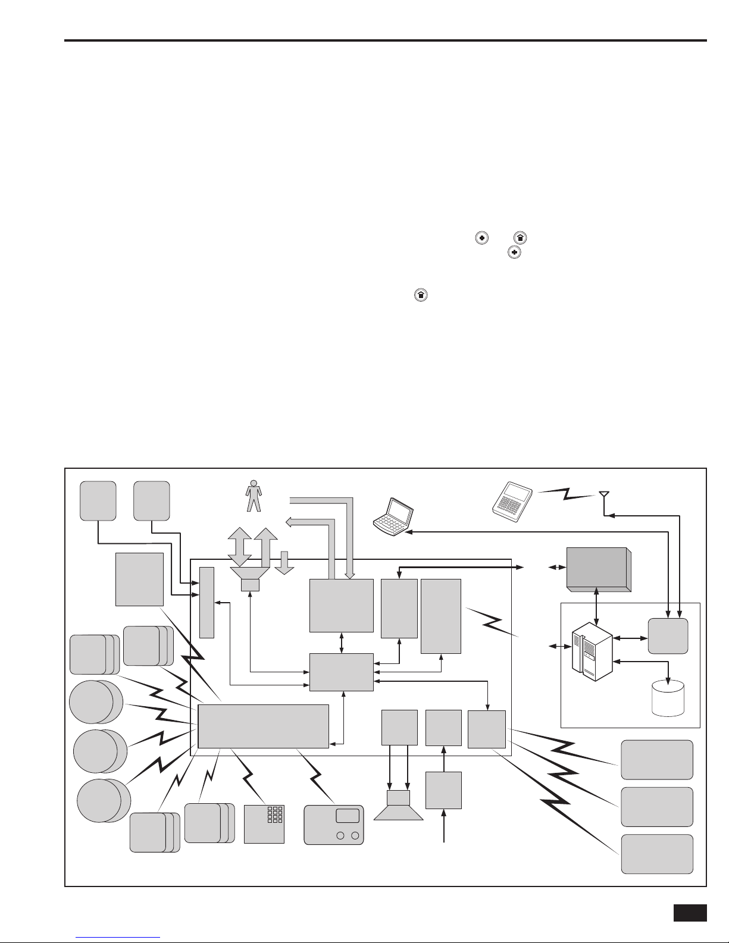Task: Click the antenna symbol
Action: [603, 496]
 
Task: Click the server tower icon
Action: [592, 654]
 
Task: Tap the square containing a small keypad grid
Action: [264, 824]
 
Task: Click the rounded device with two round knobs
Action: [333, 825]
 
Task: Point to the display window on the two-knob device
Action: [348, 816]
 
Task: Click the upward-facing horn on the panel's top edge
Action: [251, 577]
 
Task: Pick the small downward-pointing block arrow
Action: [284, 562]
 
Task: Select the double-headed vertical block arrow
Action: [240, 546]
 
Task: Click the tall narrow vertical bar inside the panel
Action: [207, 602]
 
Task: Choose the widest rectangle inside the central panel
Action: [263, 726]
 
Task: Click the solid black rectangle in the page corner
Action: [690, 913]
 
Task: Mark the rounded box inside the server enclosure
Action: [668, 636]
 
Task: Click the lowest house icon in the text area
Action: [421, 295]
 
